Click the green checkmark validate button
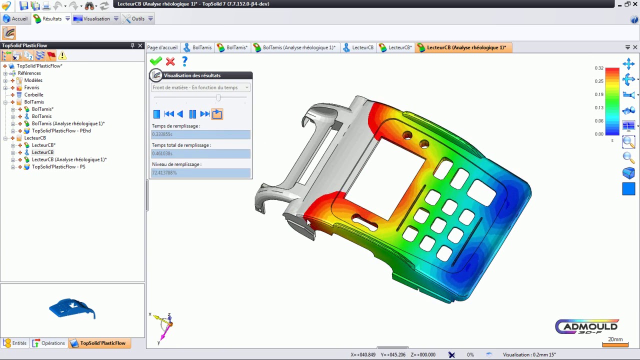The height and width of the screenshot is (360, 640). [x=156, y=61]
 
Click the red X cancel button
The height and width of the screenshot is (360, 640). [x=170, y=61]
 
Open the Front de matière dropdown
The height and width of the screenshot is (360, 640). [x=200, y=87]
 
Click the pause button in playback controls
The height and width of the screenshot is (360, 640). [x=192, y=114]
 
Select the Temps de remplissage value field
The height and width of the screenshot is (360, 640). [x=200, y=134]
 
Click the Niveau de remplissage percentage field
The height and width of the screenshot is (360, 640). [x=200, y=172]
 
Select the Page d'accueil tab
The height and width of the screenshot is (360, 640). [x=162, y=47]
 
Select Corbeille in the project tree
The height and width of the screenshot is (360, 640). [x=33, y=94]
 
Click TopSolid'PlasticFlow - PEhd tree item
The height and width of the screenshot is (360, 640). [x=61, y=131]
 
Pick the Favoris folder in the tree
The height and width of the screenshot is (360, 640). [x=31, y=87]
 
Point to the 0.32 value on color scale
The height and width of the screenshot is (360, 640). [x=598, y=68]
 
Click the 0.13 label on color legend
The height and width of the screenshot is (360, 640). [x=598, y=107]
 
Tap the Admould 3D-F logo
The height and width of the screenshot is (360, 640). [x=587, y=327]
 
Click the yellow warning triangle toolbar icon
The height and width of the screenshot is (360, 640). [x=62, y=55]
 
